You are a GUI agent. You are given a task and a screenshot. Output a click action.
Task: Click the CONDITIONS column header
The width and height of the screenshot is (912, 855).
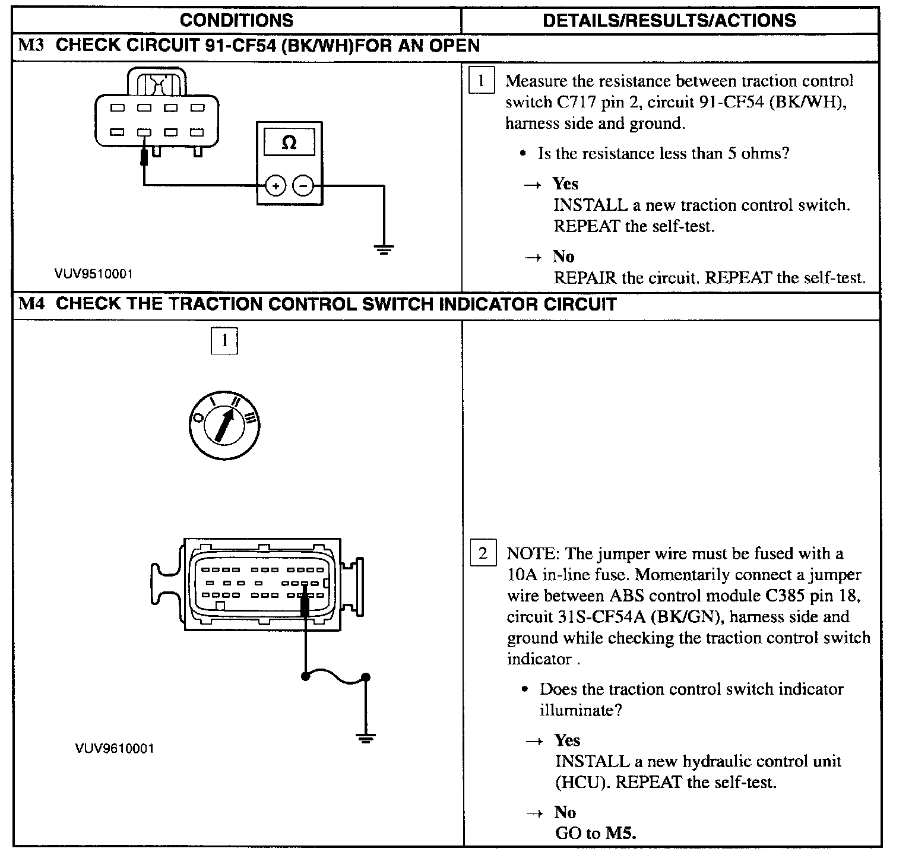[236, 20]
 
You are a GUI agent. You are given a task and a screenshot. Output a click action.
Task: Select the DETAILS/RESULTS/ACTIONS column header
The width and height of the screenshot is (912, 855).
[669, 20]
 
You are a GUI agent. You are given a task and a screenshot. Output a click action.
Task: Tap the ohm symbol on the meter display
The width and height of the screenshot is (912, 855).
[289, 143]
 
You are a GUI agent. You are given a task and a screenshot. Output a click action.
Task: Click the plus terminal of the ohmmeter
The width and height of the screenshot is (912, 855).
[275, 186]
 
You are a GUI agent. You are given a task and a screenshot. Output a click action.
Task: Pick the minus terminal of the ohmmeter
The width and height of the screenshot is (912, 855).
[303, 186]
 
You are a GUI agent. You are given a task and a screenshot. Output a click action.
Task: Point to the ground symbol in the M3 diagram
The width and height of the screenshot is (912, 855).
[384, 250]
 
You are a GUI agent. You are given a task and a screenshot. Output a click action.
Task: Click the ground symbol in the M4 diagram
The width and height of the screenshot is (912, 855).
[366, 739]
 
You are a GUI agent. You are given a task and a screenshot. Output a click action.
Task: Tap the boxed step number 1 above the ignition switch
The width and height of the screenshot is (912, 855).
[224, 340]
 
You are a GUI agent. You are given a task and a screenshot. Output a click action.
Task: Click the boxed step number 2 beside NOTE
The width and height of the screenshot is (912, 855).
[482, 553]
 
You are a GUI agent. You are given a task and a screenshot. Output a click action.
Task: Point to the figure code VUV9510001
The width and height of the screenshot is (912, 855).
[94, 274]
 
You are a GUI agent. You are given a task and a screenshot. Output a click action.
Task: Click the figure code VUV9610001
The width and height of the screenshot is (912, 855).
[115, 748]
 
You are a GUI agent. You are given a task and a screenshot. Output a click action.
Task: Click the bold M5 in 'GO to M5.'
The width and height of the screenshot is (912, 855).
[620, 833]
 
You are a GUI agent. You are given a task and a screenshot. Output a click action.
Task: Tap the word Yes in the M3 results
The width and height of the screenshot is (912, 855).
[565, 184]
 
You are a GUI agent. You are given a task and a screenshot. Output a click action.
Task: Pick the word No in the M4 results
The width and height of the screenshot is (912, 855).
[565, 812]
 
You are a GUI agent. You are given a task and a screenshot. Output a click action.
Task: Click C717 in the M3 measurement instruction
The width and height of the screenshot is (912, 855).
[576, 102]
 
